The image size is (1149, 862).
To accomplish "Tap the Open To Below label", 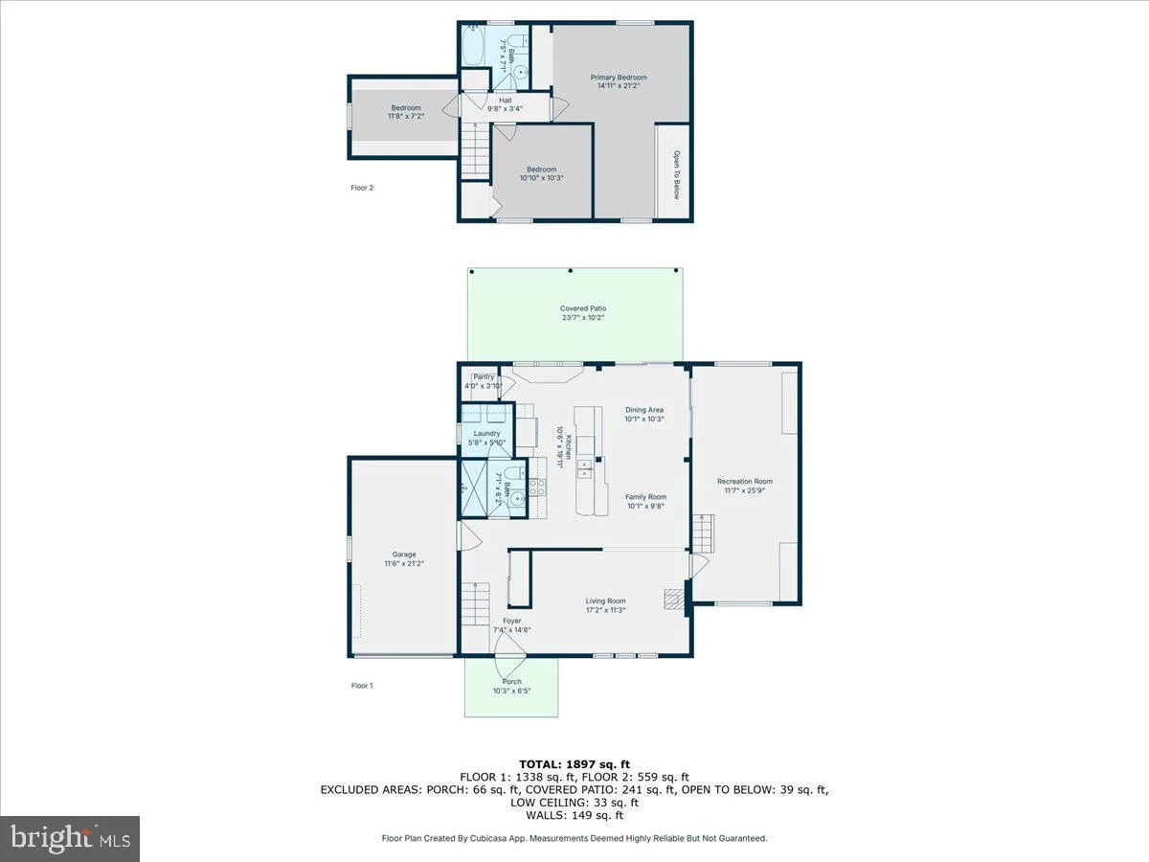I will point(675,175).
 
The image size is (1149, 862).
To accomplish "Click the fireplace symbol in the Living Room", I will point(674,600).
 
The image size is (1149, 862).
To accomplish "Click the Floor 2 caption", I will point(362,188).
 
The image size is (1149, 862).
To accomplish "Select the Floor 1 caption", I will point(362,685).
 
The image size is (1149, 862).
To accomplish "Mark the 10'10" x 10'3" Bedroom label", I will point(541,173).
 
